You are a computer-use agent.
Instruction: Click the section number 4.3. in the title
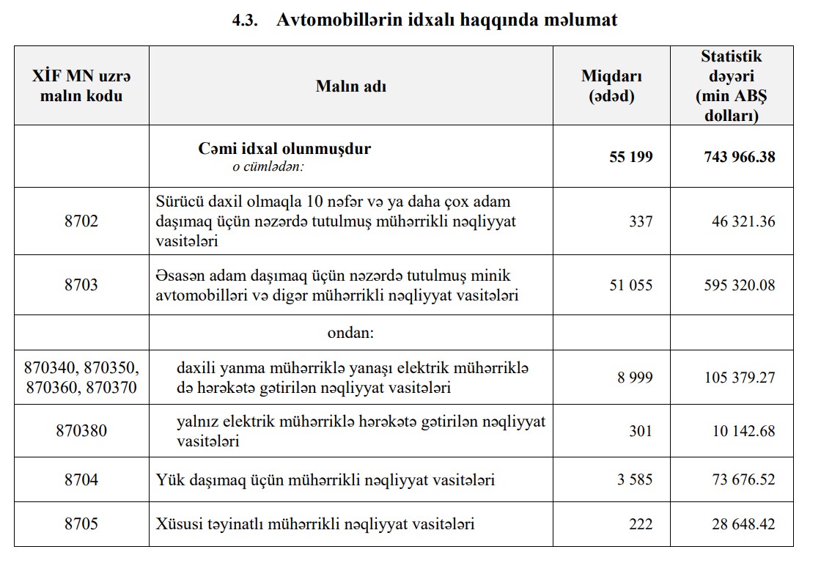247,21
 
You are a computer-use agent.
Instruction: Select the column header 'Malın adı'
351,87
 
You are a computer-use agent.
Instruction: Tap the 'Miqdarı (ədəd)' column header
611,87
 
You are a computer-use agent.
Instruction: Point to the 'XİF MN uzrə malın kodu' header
81,87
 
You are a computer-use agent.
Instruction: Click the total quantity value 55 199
630,157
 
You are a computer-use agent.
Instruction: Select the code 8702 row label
81,221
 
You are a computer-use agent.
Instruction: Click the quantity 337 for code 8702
641,221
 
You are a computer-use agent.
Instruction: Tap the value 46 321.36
743,221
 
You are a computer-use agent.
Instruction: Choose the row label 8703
81,285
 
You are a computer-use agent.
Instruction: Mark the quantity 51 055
630,285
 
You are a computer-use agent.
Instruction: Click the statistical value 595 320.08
738,285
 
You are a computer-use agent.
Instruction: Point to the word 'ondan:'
350,333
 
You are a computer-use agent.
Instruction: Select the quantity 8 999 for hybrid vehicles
635,378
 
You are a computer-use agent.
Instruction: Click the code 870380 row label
81,431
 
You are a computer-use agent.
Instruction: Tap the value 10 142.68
743,431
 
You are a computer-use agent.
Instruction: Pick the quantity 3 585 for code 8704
635,480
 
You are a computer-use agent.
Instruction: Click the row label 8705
81,524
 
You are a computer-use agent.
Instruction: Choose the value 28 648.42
743,524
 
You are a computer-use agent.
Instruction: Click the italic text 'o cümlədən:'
268,166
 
